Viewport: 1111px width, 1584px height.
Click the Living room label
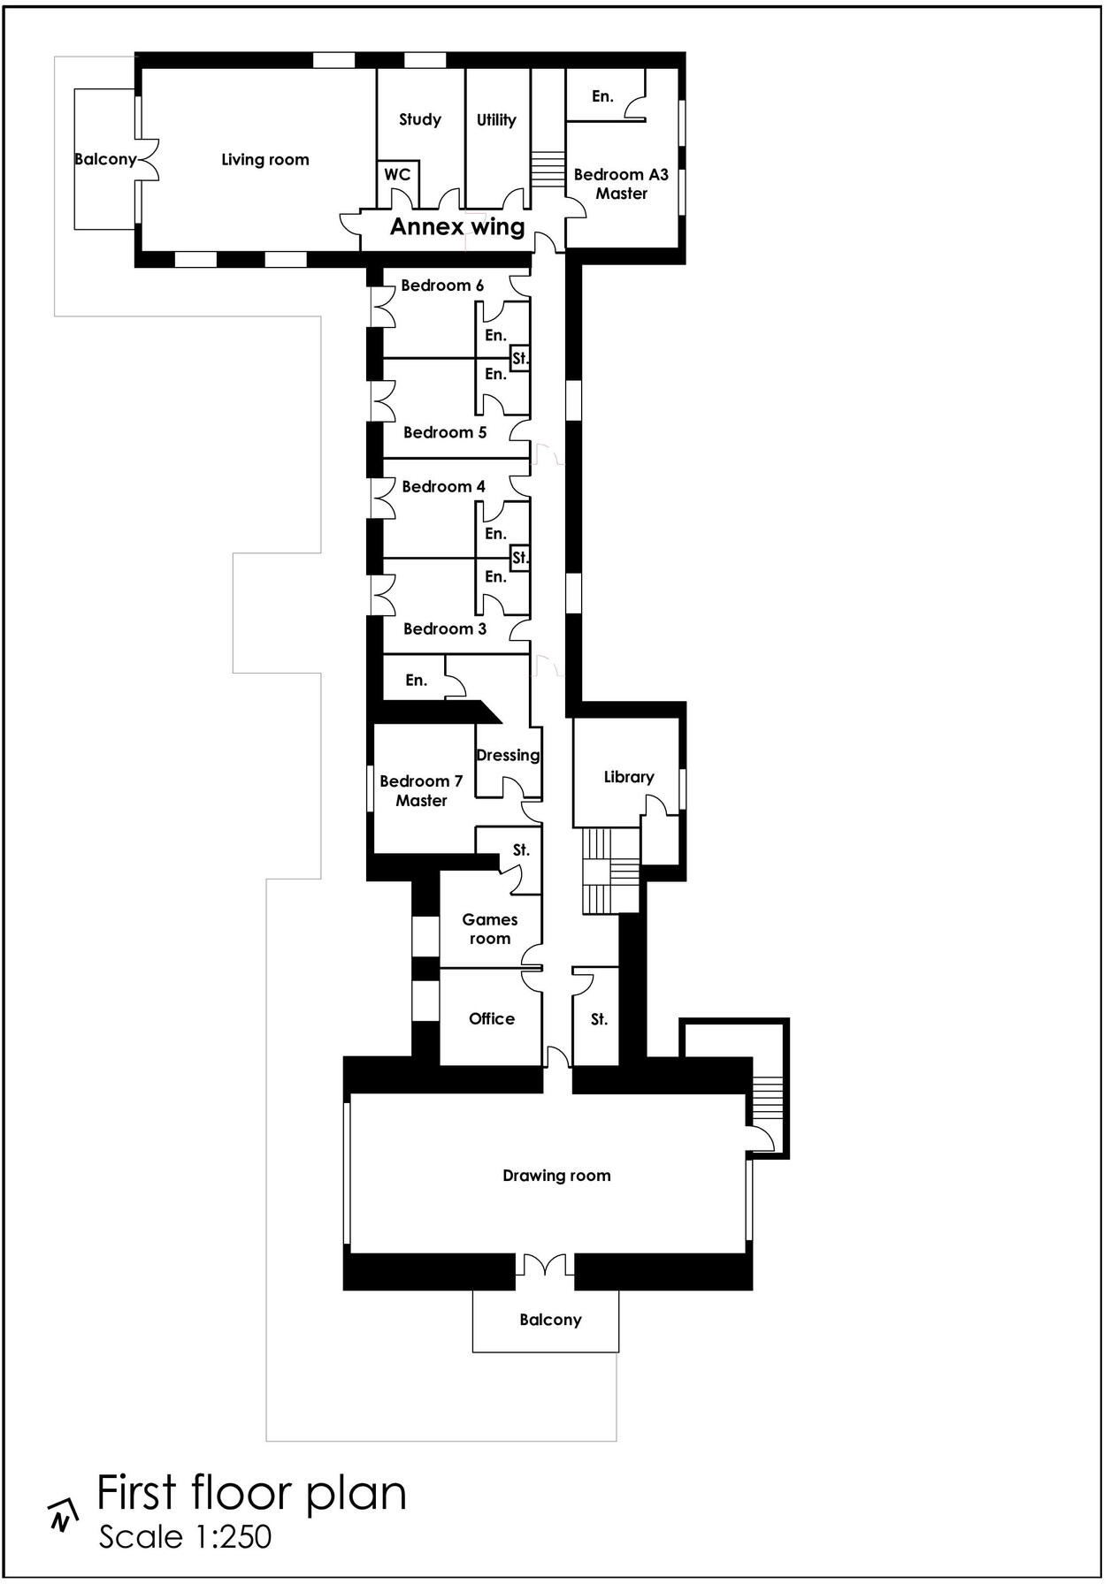264,160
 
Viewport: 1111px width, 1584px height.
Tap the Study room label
419,119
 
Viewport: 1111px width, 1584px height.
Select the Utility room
495,120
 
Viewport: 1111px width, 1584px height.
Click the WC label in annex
397,175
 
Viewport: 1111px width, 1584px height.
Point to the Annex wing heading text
457,227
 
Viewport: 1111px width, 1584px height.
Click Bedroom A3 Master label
621,184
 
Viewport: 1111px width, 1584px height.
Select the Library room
628,777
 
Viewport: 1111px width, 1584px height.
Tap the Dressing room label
508,755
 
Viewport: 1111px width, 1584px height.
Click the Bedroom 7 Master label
421,791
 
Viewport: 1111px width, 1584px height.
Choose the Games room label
489,929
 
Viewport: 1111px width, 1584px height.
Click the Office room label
491,1018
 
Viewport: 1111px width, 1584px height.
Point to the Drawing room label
556,1176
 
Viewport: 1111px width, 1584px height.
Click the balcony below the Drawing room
549,1320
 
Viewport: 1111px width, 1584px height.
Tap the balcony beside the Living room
104,160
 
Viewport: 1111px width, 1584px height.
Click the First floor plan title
251,1493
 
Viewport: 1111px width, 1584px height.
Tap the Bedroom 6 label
442,286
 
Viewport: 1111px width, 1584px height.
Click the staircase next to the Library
609,871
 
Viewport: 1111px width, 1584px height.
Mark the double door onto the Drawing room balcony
545,1265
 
